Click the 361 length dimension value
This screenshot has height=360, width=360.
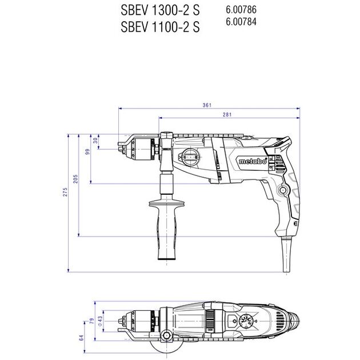[x=207, y=105]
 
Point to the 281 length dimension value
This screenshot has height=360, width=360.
[x=227, y=115]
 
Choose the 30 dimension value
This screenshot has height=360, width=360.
[x=95, y=141]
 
